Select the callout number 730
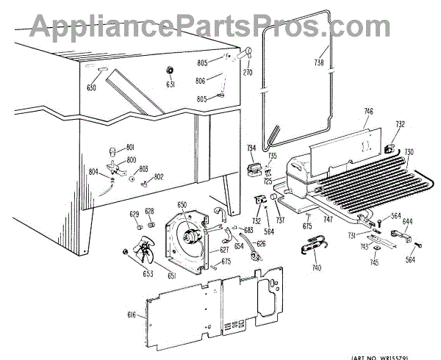[409, 152]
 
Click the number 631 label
[171, 84]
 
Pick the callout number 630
[91, 88]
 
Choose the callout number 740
[317, 269]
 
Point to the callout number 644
[407, 220]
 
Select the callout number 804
[94, 172]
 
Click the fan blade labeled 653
[140, 254]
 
